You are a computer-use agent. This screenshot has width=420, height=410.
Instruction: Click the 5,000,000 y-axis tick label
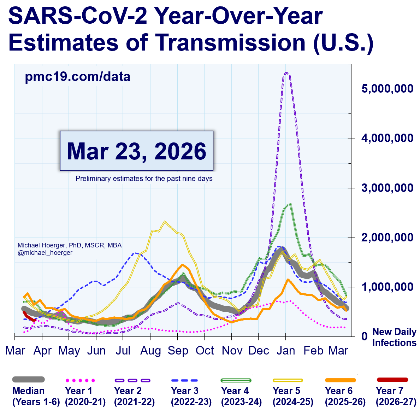point(387,88)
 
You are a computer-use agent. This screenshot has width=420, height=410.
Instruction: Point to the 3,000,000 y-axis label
point(387,188)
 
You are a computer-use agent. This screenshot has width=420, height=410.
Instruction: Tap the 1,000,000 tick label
point(387,287)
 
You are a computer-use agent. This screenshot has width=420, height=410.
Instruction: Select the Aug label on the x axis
point(150,351)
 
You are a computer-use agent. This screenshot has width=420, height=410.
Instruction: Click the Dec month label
point(259,351)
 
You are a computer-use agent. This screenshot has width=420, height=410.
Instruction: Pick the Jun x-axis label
point(96,351)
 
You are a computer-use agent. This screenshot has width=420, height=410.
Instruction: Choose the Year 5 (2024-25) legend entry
point(293,396)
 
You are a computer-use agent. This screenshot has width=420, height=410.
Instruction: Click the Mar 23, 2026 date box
point(137,151)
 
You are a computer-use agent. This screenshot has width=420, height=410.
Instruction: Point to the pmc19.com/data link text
point(77,77)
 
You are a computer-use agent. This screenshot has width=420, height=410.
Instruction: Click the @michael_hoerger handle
point(45,253)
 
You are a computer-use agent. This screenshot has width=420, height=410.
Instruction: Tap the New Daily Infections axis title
point(394,337)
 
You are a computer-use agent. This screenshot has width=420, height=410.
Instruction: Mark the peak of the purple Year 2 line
point(286,73)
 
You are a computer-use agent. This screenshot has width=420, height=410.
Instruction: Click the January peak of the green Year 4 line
point(290,204)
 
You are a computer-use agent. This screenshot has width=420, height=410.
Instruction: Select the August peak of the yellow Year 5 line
point(165,222)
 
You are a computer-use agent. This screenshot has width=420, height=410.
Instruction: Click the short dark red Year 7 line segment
point(29,317)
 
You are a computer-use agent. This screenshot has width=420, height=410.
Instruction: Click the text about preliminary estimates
point(144,178)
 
